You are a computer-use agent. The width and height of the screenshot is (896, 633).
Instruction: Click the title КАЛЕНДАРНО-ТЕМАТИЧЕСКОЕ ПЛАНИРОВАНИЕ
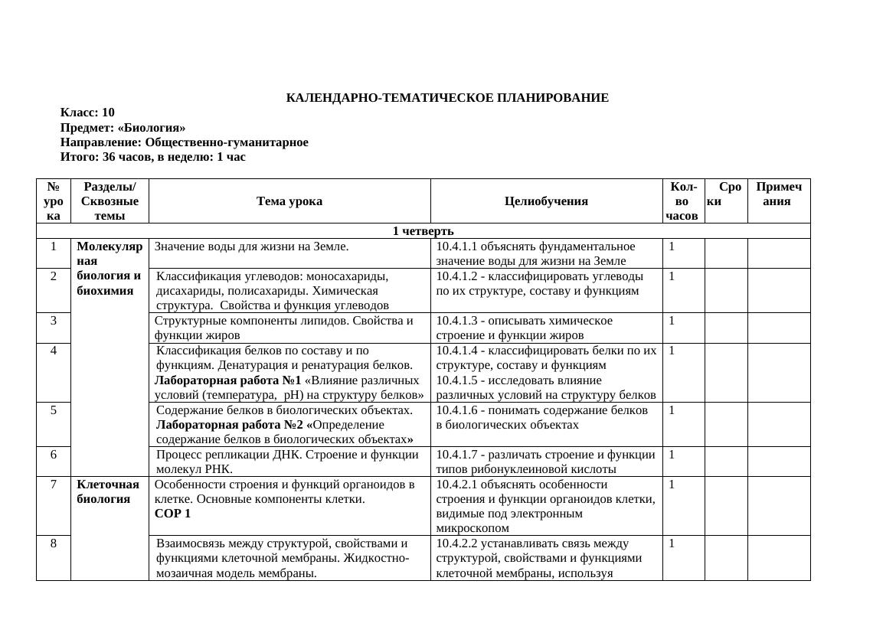[447, 98]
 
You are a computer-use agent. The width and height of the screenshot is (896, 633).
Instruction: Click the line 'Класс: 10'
[87, 113]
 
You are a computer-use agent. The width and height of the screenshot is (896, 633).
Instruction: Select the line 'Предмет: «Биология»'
[123, 128]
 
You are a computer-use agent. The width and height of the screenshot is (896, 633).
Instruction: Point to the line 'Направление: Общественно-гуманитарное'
[184, 142]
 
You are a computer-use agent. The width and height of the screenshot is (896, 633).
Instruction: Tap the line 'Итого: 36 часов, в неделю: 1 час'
[152, 157]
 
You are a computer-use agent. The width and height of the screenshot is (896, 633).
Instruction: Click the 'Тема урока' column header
[289, 201]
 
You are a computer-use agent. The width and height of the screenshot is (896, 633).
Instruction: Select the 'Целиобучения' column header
[546, 201]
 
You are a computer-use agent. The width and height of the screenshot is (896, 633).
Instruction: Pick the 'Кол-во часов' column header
[683, 201]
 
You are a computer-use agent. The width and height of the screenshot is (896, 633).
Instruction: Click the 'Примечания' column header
[778, 194]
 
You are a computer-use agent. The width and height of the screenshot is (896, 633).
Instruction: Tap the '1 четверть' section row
[423, 231]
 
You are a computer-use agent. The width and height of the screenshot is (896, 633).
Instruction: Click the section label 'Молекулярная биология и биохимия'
[110, 268]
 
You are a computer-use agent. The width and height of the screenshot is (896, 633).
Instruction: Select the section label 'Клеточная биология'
[108, 491]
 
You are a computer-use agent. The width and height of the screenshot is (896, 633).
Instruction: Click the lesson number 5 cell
[54, 410]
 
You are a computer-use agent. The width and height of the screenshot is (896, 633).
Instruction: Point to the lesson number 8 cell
[54, 543]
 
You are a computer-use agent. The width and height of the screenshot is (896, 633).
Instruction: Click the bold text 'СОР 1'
[172, 514]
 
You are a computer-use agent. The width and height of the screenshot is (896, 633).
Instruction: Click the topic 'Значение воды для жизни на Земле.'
[252, 246]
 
